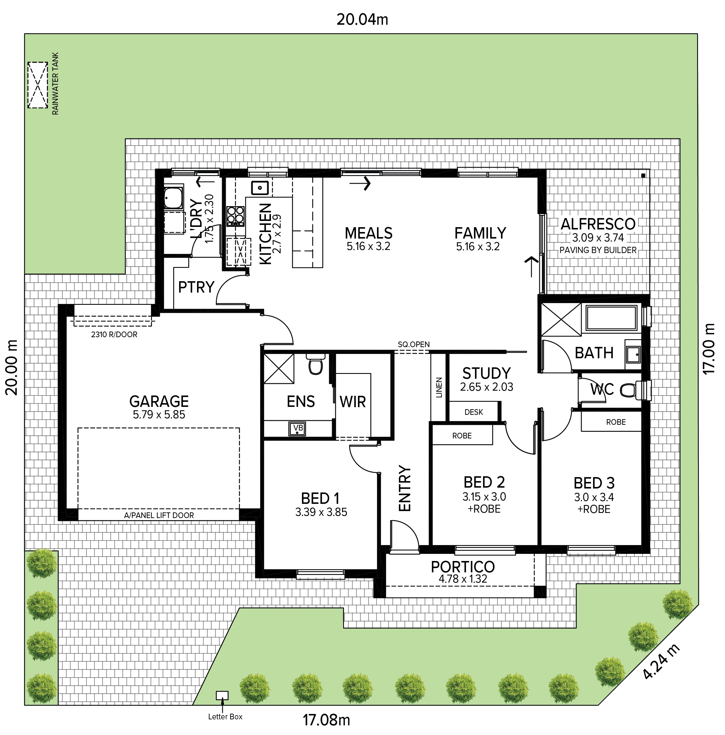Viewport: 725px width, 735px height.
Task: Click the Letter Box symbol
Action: pos(222,695)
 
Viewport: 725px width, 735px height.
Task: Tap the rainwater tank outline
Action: pos(38,85)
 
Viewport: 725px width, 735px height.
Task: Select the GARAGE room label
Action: pos(159,402)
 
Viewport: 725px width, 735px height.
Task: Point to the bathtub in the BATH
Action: pos(611,318)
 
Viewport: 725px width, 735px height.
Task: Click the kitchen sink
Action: pos(260,188)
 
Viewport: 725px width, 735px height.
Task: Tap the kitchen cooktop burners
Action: pos(235,216)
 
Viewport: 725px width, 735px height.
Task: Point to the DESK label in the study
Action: pos(474,412)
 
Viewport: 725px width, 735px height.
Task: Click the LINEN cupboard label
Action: pos(439,388)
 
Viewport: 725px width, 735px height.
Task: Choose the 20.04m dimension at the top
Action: pos(362,19)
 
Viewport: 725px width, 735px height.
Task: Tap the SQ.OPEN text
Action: pos(414,344)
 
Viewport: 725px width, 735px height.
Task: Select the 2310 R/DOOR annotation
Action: pos(114,334)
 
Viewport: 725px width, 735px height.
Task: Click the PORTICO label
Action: pos(463,567)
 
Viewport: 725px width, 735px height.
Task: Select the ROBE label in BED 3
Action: pos(616,422)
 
